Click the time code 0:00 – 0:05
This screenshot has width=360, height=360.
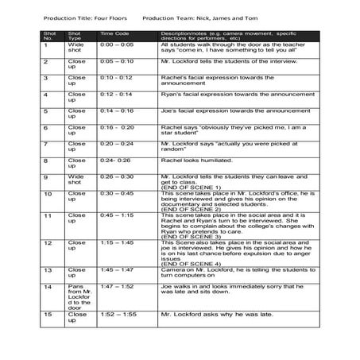point(116,45)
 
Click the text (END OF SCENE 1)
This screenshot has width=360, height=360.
point(190,185)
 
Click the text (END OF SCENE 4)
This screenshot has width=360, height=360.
point(190,263)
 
